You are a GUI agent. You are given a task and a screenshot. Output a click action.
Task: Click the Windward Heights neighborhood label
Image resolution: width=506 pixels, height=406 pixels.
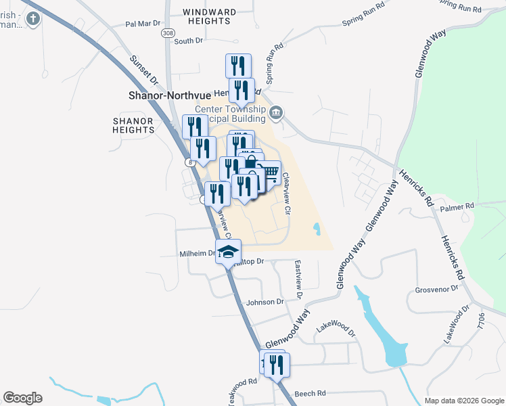(x=210, y=16)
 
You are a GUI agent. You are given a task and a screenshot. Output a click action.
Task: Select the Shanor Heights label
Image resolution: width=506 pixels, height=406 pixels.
(x=133, y=125)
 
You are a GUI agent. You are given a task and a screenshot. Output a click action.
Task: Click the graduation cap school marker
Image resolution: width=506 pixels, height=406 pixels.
(x=228, y=252)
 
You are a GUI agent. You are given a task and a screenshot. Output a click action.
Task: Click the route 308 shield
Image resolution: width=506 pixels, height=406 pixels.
(x=166, y=32)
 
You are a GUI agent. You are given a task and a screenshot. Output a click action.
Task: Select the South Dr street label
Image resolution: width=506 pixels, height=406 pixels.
(x=188, y=41)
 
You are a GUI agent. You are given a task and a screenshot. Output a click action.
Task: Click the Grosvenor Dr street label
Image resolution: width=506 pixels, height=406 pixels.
(x=436, y=289)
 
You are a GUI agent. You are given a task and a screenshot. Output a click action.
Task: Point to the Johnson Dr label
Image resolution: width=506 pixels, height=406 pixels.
(x=265, y=302)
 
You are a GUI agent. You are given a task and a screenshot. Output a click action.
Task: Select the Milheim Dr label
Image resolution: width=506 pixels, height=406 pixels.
(x=197, y=254)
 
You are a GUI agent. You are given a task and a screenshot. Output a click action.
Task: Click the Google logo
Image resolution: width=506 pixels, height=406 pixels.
(x=23, y=398)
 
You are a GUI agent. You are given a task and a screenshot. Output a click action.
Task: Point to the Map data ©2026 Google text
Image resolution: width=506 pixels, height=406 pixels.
(x=464, y=401)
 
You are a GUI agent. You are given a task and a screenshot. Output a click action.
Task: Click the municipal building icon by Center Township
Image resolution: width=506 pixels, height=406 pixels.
(x=275, y=112)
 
